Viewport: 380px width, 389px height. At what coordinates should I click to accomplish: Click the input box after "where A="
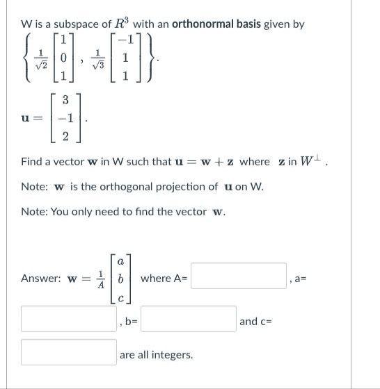[239, 276]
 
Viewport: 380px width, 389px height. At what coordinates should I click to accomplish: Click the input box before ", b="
[68, 319]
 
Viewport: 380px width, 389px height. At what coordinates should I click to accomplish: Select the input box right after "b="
[189, 319]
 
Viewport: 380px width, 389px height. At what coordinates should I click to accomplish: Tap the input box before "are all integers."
[68, 352]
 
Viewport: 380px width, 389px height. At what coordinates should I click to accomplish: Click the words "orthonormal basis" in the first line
[216, 24]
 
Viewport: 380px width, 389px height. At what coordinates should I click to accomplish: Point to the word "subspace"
[75, 24]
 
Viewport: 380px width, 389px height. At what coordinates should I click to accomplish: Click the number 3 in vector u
[64, 101]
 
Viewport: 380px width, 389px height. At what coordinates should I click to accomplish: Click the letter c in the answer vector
[121, 295]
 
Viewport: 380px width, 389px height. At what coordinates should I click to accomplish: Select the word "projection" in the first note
[175, 186]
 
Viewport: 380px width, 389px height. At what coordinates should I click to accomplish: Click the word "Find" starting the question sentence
[32, 162]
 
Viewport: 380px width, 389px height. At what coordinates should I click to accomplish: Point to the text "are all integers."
[156, 354]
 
